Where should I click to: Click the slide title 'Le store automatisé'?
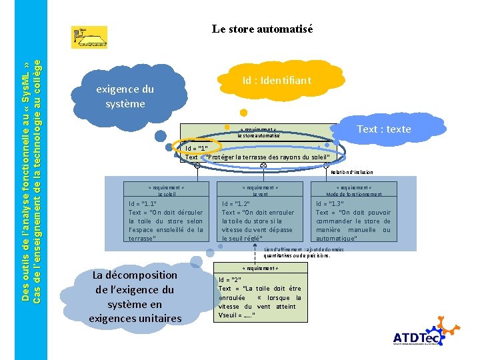262,29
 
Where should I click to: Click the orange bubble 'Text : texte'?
383,129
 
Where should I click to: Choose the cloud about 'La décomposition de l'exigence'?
135,296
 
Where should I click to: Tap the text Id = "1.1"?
143,204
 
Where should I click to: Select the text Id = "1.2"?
236,204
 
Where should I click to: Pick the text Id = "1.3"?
329,204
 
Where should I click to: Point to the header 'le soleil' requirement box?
157,191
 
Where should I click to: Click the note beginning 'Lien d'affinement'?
297,253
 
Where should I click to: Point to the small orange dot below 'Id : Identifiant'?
244,113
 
